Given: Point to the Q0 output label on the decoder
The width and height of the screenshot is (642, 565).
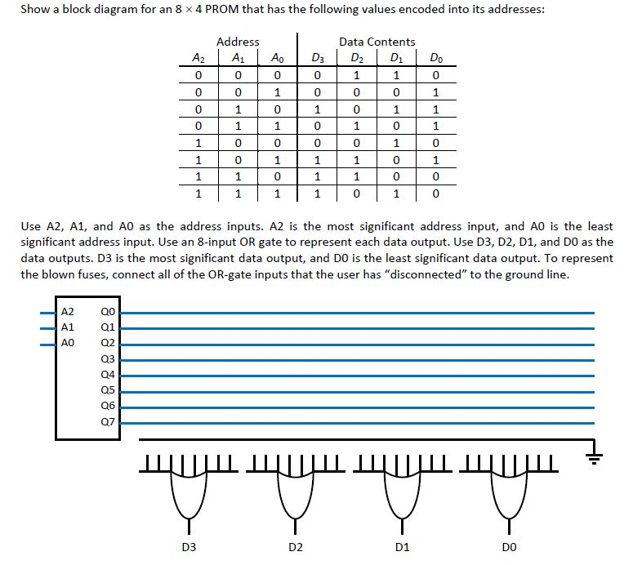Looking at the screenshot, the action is tap(108, 311).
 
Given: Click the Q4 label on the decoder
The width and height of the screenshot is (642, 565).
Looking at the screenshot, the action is tap(108, 374).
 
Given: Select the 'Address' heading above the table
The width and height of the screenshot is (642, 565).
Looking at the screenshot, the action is tap(239, 42).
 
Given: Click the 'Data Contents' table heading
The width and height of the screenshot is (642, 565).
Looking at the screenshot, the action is tap(377, 42).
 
